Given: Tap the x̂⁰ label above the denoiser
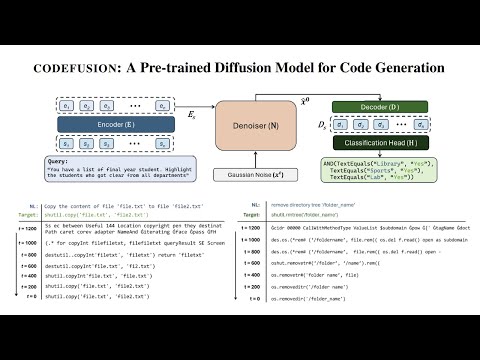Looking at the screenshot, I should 263,100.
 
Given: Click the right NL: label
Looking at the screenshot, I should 280,205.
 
